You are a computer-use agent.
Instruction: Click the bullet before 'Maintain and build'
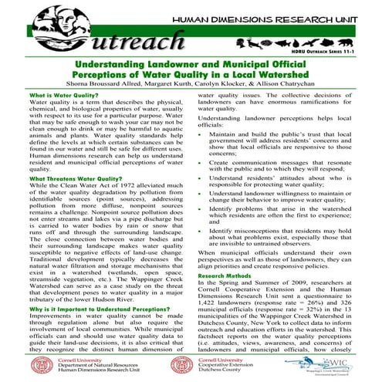click(x=201, y=134)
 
